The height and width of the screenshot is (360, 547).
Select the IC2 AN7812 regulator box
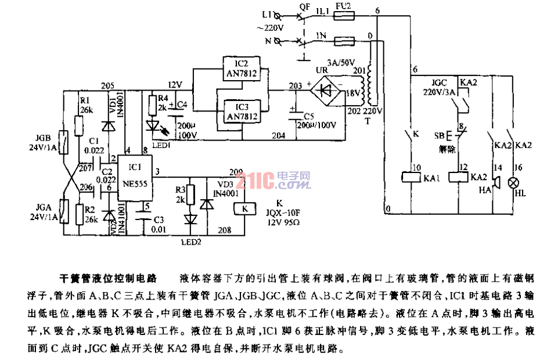tap(242, 69)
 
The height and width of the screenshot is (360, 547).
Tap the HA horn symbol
tap(495, 185)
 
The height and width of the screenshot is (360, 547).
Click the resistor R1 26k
tap(80, 124)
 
